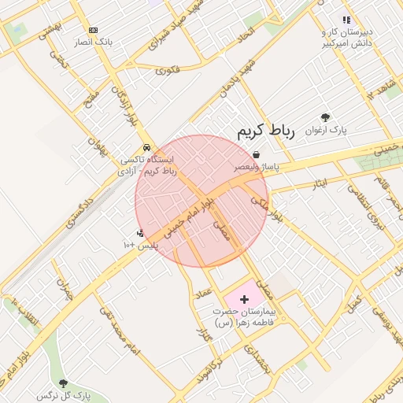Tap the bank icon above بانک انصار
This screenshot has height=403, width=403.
(93, 30)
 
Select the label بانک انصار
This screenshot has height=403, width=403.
(93, 42)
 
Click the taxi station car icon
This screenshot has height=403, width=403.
(146, 147)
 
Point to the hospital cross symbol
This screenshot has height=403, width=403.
(244, 299)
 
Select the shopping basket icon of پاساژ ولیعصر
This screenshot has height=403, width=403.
(257, 156)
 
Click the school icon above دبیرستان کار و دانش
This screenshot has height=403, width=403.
(346, 20)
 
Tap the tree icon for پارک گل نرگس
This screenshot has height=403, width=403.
(63, 383)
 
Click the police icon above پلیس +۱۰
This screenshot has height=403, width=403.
(140, 233)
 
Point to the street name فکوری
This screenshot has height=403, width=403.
(168, 70)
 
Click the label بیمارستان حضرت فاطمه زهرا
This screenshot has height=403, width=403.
(242, 318)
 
